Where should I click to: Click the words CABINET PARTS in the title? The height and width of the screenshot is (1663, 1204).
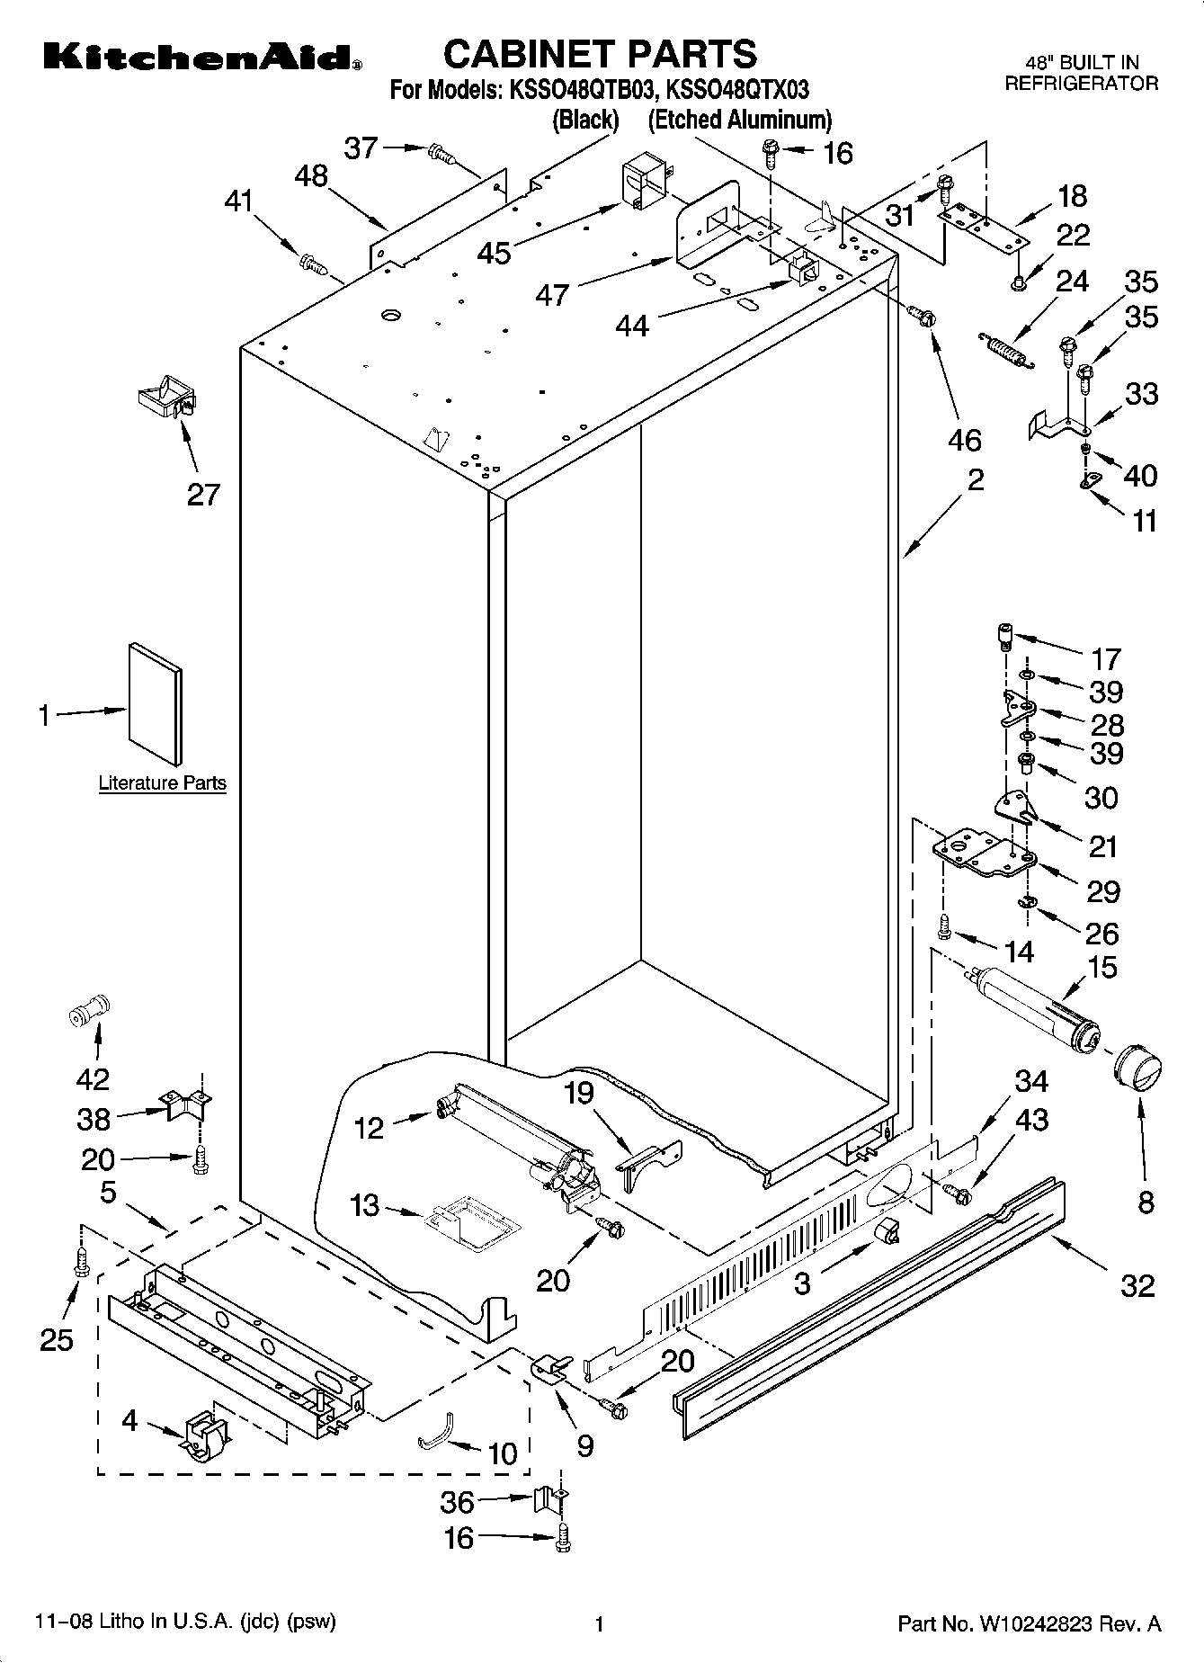click(x=600, y=53)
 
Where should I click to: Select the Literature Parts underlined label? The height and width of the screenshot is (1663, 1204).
click(x=162, y=782)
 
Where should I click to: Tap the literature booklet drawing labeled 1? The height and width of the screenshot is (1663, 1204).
click(x=155, y=704)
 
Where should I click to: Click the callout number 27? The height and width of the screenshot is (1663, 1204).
click(x=203, y=494)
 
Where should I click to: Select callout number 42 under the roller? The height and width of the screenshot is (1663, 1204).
click(x=94, y=1078)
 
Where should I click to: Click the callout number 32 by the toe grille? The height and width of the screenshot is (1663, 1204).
click(x=1137, y=1285)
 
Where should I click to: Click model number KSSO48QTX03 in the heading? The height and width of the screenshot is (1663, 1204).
click(x=736, y=90)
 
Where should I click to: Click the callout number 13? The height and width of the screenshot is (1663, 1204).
click(x=364, y=1205)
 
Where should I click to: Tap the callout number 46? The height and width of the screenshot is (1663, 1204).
click(x=965, y=440)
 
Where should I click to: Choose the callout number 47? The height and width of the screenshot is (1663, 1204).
click(x=552, y=294)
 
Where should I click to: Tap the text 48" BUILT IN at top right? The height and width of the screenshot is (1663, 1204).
click(x=1082, y=62)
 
